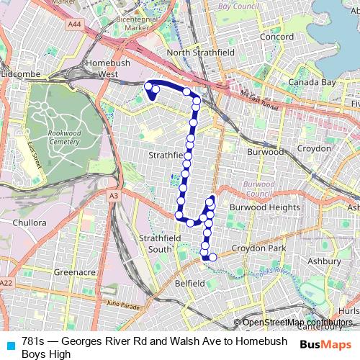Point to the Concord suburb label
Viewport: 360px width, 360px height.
(x=276, y=37)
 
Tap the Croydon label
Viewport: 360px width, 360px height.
(x=314, y=148)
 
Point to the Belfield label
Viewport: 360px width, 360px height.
(x=190, y=284)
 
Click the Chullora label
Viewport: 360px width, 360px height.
(x=30, y=222)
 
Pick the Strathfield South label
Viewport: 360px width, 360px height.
(x=156, y=243)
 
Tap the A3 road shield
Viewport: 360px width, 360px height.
(x=114, y=195)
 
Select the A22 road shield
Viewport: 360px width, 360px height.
(x=6, y=282)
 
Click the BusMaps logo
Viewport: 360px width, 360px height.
(x=325, y=343)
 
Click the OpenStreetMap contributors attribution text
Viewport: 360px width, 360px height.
(x=297, y=323)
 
